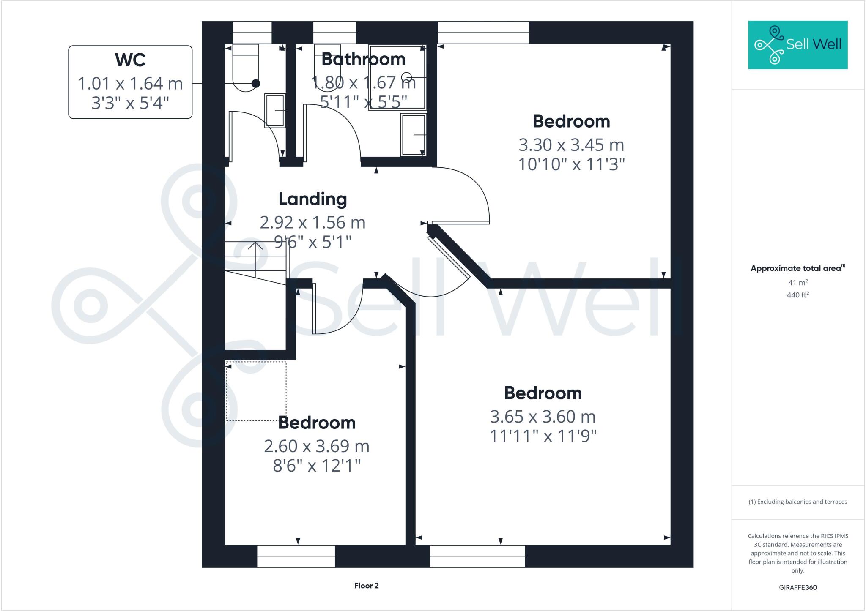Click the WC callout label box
(130, 82)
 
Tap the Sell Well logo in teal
(797, 45)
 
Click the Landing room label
(312, 199)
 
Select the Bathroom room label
(363, 59)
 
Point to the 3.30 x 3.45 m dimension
(571, 145)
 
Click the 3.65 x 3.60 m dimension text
(543, 417)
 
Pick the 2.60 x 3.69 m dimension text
(316, 446)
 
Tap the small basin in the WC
(275, 111)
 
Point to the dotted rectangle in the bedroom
(256, 391)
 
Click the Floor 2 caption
(366, 586)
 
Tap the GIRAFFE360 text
(797, 587)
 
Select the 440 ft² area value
(797, 295)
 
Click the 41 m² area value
(797, 282)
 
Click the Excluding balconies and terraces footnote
(797, 502)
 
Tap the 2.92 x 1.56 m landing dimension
(312, 223)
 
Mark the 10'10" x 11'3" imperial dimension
(571, 164)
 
